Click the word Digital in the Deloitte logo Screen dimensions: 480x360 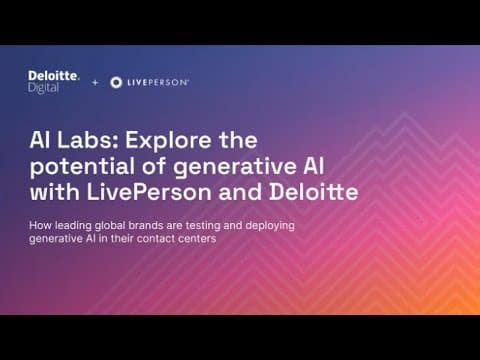click(x=44, y=88)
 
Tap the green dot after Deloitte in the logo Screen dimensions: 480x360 click(x=78, y=79)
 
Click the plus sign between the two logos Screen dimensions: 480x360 click(x=95, y=82)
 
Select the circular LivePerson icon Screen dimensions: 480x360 click(x=116, y=82)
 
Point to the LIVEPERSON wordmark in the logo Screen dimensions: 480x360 click(x=158, y=83)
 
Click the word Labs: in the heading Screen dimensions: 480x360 click(x=88, y=140)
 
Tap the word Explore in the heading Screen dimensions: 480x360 click(x=168, y=141)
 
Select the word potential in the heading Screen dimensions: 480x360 click(x=82, y=167)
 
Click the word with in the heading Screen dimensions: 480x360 click(x=55, y=192)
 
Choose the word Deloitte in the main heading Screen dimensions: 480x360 click(x=314, y=192)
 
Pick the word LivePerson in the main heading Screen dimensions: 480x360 click(x=149, y=192)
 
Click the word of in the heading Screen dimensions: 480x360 click(x=154, y=166)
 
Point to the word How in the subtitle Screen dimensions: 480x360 click(x=40, y=225)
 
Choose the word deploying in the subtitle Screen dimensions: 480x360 click(x=270, y=226)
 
